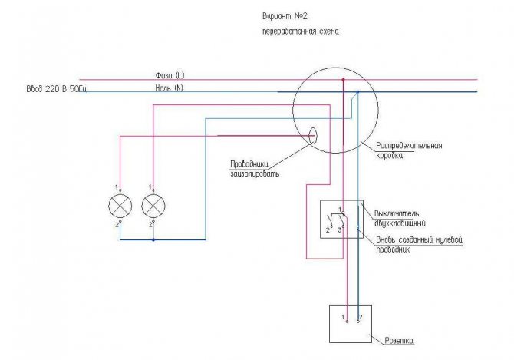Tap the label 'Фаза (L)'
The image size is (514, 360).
point(169,74)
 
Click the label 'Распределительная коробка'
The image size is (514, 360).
point(409,149)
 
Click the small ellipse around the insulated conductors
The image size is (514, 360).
point(314,136)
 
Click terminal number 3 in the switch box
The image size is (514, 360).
point(339,229)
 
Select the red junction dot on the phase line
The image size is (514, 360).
point(343,79)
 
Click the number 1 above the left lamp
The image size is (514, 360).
point(116,187)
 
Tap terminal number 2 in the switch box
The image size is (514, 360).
point(328,229)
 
